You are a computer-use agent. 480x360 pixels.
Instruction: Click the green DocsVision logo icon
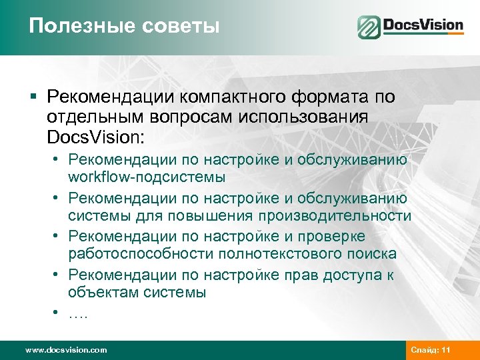pyautogui.click(x=368, y=27)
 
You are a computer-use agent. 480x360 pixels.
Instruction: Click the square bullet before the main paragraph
pyautogui.click(x=33, y=97)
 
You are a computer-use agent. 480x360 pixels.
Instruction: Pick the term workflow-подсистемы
pyautogui.click(x=147, y=177)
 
